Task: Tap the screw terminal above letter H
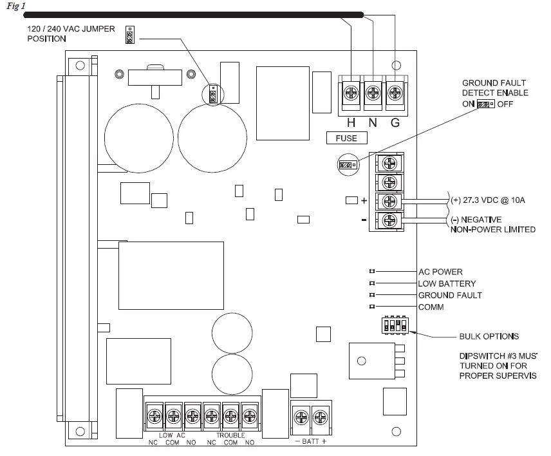pos(351,94)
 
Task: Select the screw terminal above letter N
pos(373,94)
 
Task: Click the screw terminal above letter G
pos(395,94)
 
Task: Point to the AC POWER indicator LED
pos(372,272)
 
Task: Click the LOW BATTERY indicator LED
pos(372,283)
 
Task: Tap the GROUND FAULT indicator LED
pos(372,295)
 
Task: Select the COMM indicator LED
pos(372,307)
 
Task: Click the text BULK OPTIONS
pos(489,336)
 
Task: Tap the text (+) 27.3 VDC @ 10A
pos(487,200)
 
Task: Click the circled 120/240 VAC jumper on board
pos(212,95)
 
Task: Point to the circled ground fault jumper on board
pos(346,165)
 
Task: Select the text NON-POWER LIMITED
pos(491,229)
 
